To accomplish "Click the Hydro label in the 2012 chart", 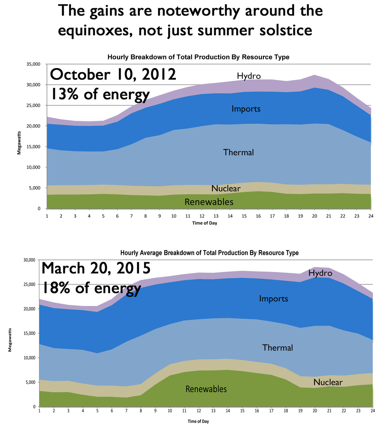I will (249, 76).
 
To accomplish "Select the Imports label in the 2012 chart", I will (246, 109).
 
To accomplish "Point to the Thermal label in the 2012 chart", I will (238, 152).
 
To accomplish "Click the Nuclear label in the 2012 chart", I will (226, 188).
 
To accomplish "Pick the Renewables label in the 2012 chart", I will (209, 202).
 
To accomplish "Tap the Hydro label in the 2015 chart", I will (320, 273).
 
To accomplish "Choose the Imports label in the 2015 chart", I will (273, 298).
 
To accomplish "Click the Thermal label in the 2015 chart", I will (278, 348).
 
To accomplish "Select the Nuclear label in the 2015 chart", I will (328, 382).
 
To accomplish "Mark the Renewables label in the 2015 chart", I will (206, 389).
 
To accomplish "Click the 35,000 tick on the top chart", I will (33, 64).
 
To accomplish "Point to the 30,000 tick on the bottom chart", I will (28, 260).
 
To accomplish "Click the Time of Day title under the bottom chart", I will (198, 421).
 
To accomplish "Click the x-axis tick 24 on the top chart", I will (371, 216).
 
